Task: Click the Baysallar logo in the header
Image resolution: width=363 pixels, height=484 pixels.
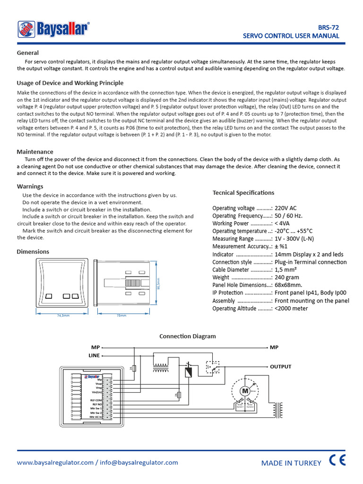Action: click(53, 29)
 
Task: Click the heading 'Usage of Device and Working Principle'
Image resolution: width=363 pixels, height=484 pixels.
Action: click(70, 83)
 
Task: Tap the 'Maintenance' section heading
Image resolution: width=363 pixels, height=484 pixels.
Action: click(35, 152)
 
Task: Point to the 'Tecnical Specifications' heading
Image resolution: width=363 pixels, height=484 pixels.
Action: click(243, 192)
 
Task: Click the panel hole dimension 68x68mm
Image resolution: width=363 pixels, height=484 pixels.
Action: click(288, 285)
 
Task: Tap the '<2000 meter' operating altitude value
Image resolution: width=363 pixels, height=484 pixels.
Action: click(291, 308)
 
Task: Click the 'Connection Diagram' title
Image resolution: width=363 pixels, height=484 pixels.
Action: click(187, 336)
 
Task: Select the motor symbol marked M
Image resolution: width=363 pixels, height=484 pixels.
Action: click(245, 391)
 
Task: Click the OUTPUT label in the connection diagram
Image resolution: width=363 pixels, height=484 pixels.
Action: click(280, 366)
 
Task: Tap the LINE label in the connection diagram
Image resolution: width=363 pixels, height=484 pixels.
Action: click(94, 355)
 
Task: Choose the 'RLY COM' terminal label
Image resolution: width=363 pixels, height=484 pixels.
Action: click(96, 400)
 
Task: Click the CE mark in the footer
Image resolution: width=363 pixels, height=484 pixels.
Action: click(337, 461)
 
